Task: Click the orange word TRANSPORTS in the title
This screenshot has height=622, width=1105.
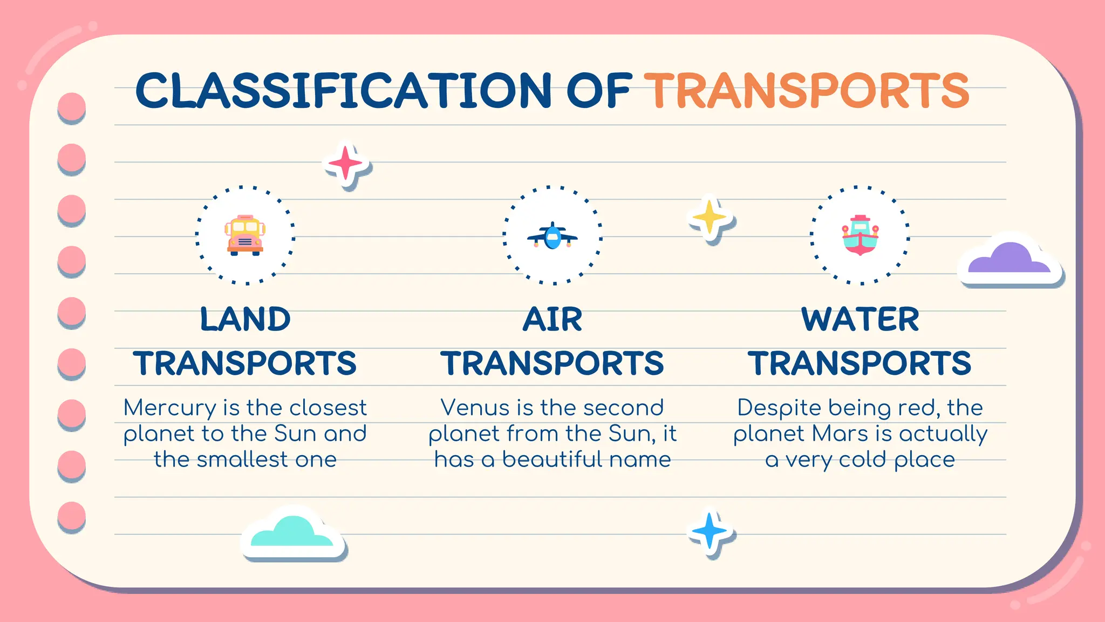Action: pos(807,91)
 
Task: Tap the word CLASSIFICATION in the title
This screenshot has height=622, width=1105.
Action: pos(343,91)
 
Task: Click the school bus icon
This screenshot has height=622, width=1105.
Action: pos(245,235)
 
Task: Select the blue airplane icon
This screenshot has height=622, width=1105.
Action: pos(552,236)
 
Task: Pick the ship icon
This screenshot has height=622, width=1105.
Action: pos(860,235)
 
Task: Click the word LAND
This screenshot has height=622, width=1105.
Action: pos(245,319)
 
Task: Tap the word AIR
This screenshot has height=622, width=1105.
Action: pos(552,319)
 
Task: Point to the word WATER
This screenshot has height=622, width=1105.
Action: pos(860,319)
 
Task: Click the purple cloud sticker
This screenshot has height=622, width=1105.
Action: pos(1009,260)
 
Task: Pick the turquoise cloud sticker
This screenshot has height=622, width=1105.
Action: pos(292,532)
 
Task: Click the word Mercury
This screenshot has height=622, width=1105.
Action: pos(169,408)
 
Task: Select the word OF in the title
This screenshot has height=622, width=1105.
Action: pos(598,91)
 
